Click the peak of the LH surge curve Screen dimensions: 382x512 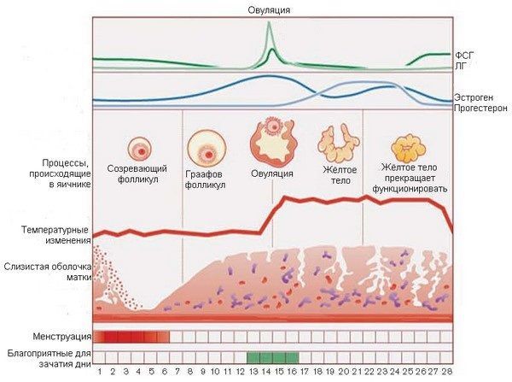tap(271, 24)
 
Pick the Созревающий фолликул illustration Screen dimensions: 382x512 tap(140, 148)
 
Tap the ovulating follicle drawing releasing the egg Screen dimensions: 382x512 tap(271, 142)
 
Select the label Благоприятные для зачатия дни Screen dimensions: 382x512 tap(47, 356)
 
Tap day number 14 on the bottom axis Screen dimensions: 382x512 tap(267, 373)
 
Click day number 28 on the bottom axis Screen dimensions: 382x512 tap(445, 373)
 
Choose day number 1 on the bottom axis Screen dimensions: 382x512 tap(100, 373)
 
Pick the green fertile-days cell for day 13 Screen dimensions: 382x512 tap(253, 356)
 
